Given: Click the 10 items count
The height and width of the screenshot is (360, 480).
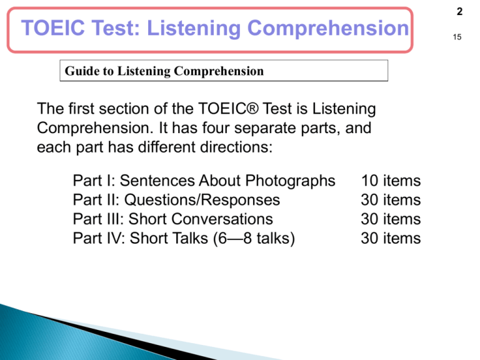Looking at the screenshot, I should click(391, 181).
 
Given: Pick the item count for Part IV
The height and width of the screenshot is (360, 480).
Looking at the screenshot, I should click(391, 238).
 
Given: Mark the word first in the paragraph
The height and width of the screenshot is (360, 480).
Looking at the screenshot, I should click(76, 110).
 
